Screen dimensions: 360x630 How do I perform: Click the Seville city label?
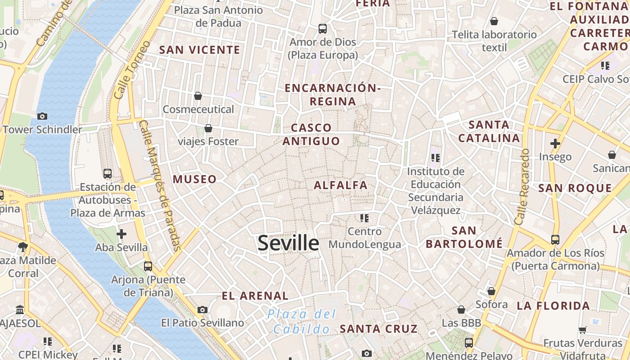(288, 243)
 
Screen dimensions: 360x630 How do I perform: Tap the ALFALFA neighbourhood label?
(341, 185)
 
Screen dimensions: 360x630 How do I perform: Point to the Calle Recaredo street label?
(522, 187)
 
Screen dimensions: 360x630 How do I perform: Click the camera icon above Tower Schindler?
(42, 116)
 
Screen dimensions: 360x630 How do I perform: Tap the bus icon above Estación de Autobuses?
(108, 173)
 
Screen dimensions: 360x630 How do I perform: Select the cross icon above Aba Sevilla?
(121, 234)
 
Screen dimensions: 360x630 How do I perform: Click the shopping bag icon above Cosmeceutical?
(198, 96)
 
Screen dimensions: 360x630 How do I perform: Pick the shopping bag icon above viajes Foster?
(208, 129)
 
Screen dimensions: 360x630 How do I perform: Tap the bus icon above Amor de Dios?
(323, 29)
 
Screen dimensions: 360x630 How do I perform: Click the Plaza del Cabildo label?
(301, 321)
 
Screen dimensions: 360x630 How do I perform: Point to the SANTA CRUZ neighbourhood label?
(378, 328)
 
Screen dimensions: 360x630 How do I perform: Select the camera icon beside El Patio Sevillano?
(202, 310)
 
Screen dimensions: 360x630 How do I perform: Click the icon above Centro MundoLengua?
(364, 218)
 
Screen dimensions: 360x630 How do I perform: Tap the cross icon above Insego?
(555, 144)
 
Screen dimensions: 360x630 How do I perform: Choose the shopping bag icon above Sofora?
(491, 291)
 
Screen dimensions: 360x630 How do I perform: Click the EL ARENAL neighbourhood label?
(255, 296)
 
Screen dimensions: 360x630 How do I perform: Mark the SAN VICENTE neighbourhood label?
(200, 50)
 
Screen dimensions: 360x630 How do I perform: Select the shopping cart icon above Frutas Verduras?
(583, 330)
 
